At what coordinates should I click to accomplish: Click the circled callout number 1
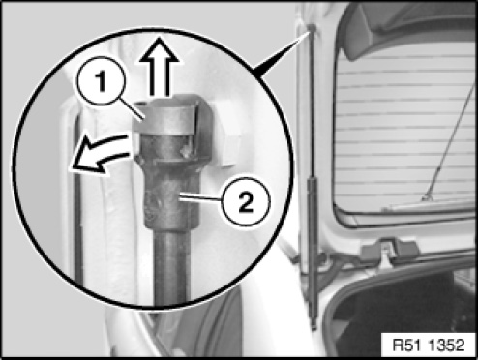tap(101, 80)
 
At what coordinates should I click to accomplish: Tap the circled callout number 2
tap(246, 201)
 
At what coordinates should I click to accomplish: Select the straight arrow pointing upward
tap(159, 67)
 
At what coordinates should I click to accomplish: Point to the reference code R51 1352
tap(429, 345)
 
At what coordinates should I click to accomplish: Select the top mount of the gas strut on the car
tap(312, 28)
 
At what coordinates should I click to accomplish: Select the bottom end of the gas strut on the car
tap(314, 325)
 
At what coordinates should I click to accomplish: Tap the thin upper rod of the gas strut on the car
tap(312, 105)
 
